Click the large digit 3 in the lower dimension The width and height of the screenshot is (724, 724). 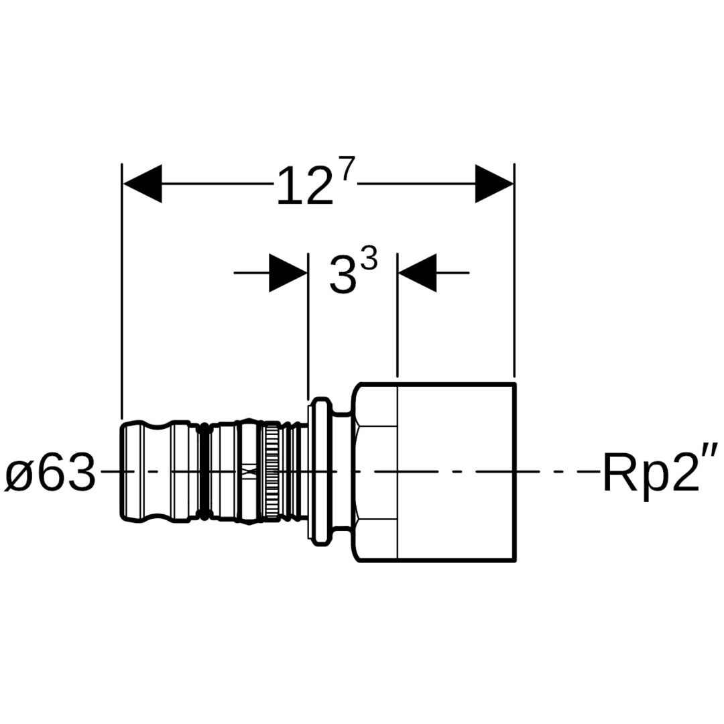[343, 276]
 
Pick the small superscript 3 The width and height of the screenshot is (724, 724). [369, 257]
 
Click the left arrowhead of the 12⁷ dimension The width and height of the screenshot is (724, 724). [142, 183]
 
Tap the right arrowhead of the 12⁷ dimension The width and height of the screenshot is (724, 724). [495, 183]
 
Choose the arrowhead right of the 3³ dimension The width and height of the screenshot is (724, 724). [417, 273]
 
